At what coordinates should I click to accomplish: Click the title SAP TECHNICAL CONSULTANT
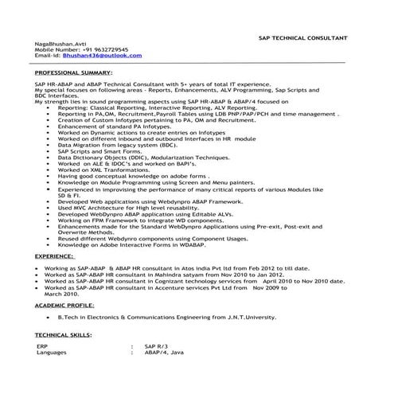click(302, 38)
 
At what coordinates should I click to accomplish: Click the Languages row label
click(52, 353)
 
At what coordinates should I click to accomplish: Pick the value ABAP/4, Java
click(164, 353)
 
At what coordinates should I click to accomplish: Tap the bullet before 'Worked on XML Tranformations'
click(50, 170)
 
